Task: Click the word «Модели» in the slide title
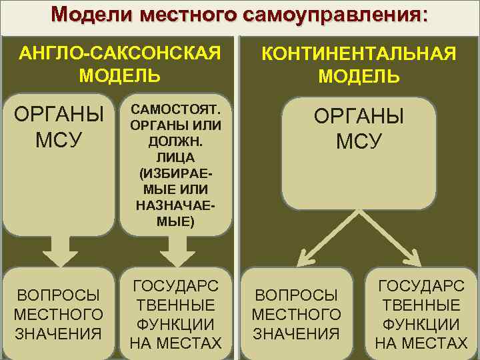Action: (x=85, y=15)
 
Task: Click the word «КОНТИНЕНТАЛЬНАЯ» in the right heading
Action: (x=359, y=53)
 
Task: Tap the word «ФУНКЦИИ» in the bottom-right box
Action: (x=421, y=325)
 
